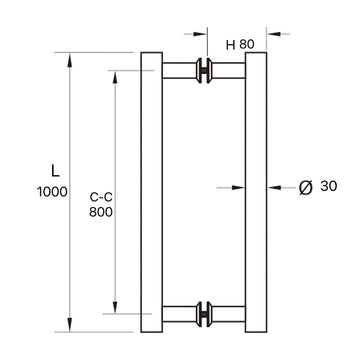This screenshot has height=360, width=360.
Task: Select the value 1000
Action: [45, 192]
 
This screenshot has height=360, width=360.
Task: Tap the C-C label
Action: [98, 197]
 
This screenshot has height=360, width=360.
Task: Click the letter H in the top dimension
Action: [231, 44]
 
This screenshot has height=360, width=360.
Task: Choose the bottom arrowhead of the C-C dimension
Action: [116, 306]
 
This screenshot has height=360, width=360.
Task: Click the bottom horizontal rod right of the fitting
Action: [229, 312]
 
